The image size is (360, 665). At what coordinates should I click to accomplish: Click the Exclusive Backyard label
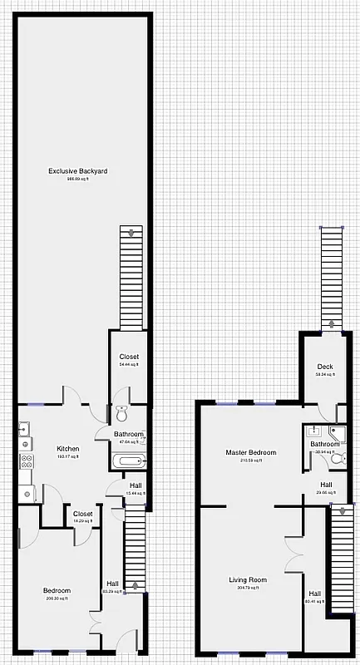tap(77, 171)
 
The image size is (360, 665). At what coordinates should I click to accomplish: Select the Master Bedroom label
tap(251, 452)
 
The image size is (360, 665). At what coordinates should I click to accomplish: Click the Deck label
tap(324, 367)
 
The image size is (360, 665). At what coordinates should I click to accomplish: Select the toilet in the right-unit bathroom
tap(336, 458)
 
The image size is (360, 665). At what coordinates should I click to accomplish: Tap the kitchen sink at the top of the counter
tap(24, 430)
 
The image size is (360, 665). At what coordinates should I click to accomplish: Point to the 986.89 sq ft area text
tap(77, 179)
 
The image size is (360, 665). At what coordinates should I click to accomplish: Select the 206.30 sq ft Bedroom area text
tap(57, 598)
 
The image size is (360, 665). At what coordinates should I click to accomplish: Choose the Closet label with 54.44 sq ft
tap(129, 357)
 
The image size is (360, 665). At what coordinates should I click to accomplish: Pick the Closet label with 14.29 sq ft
tap(82, 514)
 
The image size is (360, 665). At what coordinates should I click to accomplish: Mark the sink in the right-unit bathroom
tap(312, 431)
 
